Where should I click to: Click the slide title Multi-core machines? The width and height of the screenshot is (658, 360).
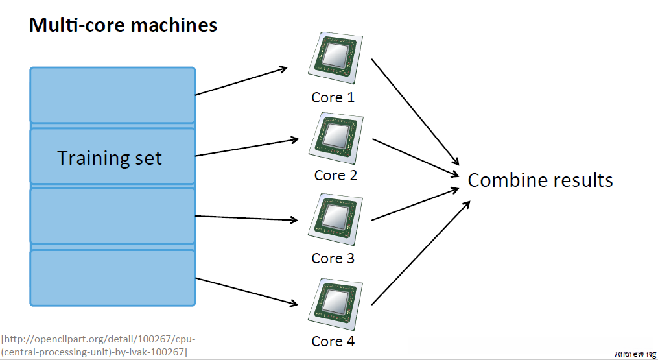pyautogui.click(x=123, y=25)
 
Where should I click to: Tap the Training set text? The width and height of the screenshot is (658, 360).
pyautogui.click(x=110, y=158)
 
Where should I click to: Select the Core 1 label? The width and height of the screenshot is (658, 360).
pyautogui.click(x=333, y=98)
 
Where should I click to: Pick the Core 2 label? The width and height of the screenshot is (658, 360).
pyautogui.click(x=335, y=175)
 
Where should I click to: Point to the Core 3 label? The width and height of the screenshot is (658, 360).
pyautogui.click(x=333, y=258)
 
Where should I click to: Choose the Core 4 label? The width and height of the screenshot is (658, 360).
pyautogui.click(x=333, y=341)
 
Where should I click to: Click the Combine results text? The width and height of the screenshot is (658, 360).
pyautogui.click(x=540, y=180)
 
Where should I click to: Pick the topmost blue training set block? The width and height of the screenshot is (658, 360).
pyautogui.click(x=112, y=95)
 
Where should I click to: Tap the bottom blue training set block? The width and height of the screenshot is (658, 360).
pyautogui.click(x=112, y=278)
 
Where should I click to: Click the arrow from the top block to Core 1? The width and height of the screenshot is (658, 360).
pyautogui.click(x=241, y=80)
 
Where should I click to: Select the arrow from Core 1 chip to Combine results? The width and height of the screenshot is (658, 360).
pyautogui.click(x=415, y=112)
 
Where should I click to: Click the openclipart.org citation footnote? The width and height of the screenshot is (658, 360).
pyautogui.click(x=97, y=346)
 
